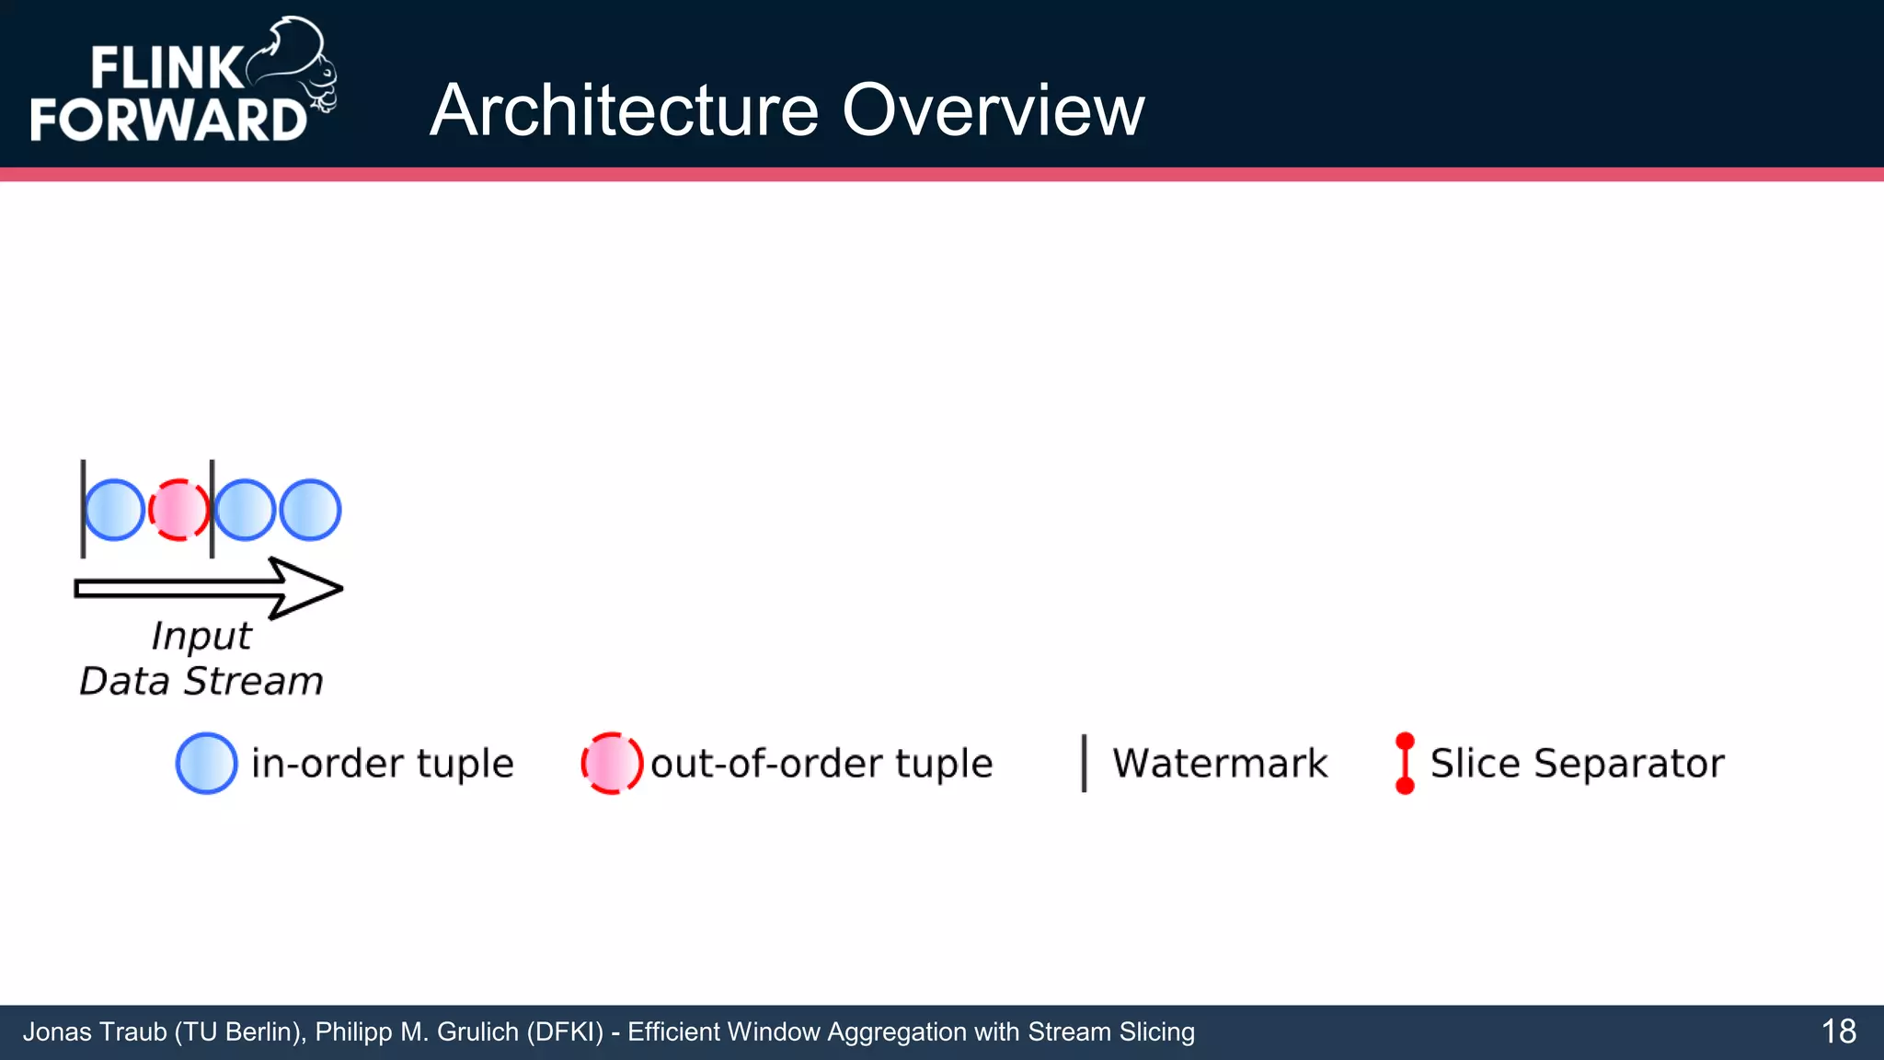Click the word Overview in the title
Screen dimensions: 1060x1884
[x=993, y=110]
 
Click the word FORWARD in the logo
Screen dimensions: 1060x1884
[x=168, y=120]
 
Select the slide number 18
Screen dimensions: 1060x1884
[x=1838, y=1031]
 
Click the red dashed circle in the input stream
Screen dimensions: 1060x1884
[x=179, y=510]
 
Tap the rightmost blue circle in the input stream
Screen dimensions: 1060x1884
[x=310, y=510]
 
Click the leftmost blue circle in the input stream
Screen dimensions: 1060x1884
[x=115, y=510]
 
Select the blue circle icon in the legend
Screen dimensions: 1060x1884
[x=206, y=763]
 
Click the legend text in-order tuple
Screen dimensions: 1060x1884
[x=382, y=764]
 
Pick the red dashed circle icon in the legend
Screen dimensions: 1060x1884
[x=612, y=763]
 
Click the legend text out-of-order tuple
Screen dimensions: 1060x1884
[x=821, y=764]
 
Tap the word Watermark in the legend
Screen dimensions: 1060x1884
[x=1220, y=764]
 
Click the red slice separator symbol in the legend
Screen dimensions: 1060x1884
[x=1405, y=763]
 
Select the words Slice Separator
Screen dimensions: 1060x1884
[x=1577, y=764]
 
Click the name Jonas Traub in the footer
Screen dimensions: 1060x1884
[x=93, y=1032]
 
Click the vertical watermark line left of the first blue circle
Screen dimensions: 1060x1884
[x=83, y=509]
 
